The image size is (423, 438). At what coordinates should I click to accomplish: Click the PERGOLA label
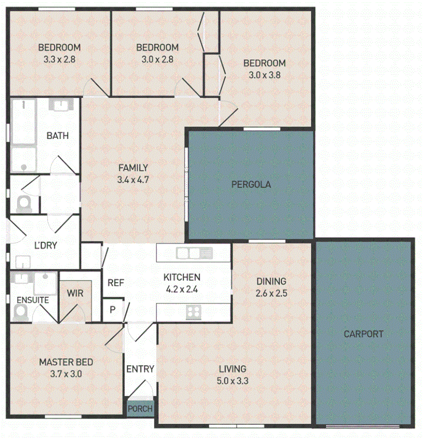point(251,185)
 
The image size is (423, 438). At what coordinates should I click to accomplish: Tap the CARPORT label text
point(363,334)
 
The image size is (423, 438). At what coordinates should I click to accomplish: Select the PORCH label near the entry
point(140,409)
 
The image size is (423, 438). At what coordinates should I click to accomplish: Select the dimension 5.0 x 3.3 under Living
point(232,381)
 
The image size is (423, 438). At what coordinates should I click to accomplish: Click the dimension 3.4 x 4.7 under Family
point(133,179)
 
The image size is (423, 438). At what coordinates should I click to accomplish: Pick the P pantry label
point(112,309)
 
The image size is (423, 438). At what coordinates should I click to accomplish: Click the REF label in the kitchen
point(115,282)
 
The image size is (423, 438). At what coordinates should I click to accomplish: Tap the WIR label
point(75,293)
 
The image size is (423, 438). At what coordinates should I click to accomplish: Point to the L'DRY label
point(46,245)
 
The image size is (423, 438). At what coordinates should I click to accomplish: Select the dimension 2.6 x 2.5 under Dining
point(271,293)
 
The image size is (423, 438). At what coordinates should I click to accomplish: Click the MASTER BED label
point(66,362)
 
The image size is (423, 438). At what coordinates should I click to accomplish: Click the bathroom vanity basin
point(61,105)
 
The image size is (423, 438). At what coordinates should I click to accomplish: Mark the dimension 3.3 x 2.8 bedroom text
point(59,59)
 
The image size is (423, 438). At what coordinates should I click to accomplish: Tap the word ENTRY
point(140,369)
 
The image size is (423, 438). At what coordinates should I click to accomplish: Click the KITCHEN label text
point(182,278)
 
